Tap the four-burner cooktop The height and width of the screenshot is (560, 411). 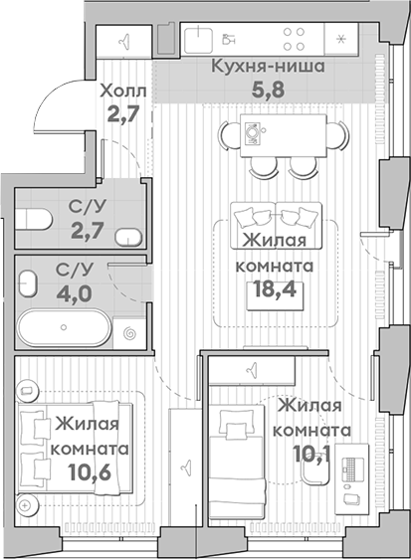tap(294, 39)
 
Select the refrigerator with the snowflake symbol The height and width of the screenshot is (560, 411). tap(340, 39)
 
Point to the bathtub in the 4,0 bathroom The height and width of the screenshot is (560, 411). tap(65, 327)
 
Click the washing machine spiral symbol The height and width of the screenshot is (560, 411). tap(129, 334)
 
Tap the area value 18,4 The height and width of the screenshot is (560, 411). tap(275, 289)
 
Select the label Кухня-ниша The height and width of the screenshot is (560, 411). tap(268, 67)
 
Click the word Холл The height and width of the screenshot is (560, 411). tap(123, 92)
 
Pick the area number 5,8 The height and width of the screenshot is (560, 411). tap(269, 90)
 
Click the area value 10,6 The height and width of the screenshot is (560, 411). tap(91, 472)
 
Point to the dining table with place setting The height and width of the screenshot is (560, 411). tap(284, 135)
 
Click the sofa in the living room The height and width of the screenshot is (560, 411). tap(276, 226)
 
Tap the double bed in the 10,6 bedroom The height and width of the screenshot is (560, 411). tap(75, 449)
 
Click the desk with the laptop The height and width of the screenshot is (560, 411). tap(352, 478)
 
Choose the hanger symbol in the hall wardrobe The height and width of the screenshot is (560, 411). tap(124, 42)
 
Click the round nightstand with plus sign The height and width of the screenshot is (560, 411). tap(24, 505)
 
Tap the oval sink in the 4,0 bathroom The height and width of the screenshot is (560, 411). tap(28, 283)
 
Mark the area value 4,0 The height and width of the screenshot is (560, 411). tap(75, 293)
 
